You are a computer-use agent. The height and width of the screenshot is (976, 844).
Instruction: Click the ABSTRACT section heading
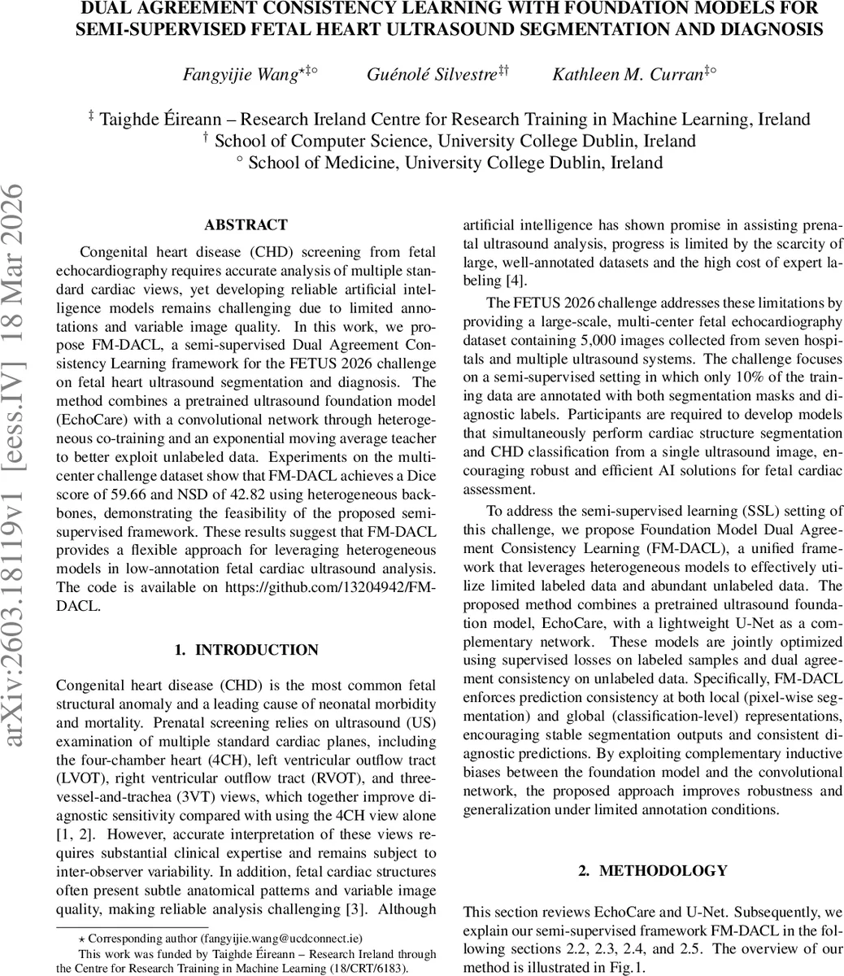pyautogui.click(x=246, y=225)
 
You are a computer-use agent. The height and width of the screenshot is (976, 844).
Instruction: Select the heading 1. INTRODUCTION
pyautogui.click(x=246, y=650)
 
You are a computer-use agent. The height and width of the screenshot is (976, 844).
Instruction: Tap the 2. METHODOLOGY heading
pyautogui.click(x=652, y=870)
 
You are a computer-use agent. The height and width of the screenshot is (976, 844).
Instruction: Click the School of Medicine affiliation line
pyautogui.click(x=455, y=162)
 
